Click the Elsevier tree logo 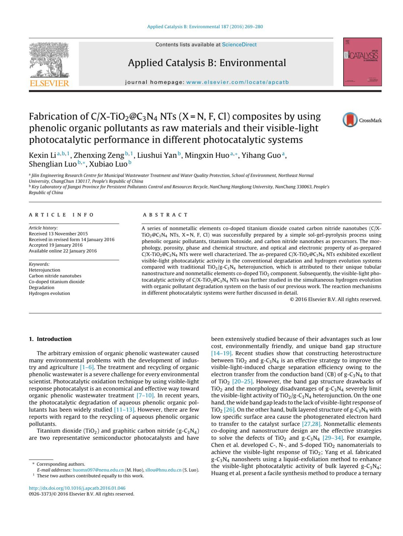click(x=49, y=64)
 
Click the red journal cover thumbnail click(x=362, y=62)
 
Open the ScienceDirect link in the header click(x=239, y=45)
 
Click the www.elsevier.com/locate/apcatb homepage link click(x=237, y=82)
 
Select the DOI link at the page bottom click(x=77, y=488)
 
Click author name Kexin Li click(x=42, y=155)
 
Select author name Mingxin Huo click(x=207, y=155)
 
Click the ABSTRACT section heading click(x=165, y=215)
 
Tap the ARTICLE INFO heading click(x=61, y=215)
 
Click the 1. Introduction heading click(x=50, y=339)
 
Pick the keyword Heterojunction click(x=45, y=270)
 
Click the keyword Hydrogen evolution click(x=49, y=293)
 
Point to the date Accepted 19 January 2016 click(x=56, y=245)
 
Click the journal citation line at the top click(x=205, y=26)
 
